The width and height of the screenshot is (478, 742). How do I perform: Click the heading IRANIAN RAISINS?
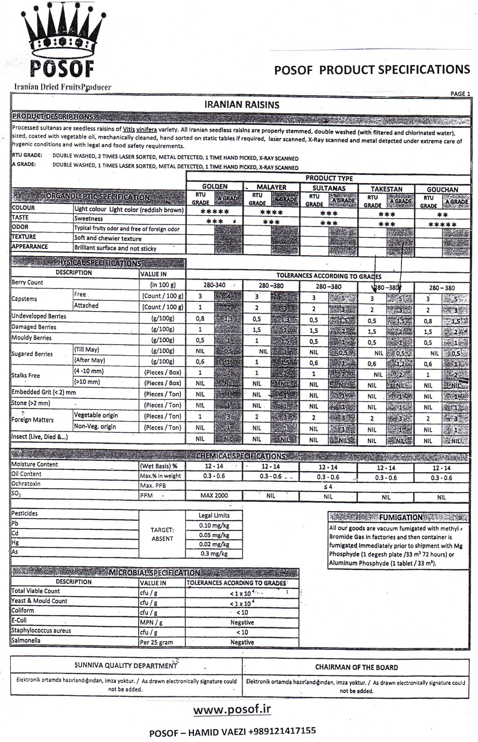point(242,105)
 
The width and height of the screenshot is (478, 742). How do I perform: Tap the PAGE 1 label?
point(460,94)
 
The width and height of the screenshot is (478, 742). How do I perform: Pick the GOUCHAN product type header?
point(442,189)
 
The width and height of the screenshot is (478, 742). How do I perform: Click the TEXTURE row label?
point(24,237)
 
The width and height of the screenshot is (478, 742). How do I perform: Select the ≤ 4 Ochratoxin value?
point(328,487)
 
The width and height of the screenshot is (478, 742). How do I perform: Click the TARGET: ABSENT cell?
point(162,534)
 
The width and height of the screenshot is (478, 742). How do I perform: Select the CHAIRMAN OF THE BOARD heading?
point(356,667)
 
